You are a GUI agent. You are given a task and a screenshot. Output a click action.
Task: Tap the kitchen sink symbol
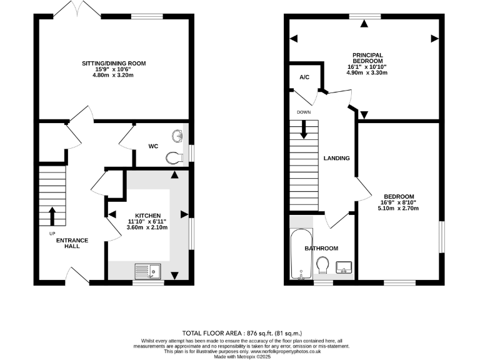[148, 271]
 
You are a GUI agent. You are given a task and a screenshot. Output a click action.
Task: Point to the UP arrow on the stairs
[52, 216]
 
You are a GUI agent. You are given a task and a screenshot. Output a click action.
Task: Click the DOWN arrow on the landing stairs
[304, 129]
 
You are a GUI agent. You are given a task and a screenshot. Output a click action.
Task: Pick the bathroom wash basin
[344, 267]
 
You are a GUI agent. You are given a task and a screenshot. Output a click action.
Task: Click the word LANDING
[336, 158]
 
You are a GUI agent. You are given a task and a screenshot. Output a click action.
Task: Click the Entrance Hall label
[72, 244]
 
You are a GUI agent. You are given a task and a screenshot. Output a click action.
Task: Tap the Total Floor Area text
[239, 332]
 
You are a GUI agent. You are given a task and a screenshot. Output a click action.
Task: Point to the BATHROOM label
[321, 248]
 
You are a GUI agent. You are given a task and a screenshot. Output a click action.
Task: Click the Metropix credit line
[239, 356]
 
